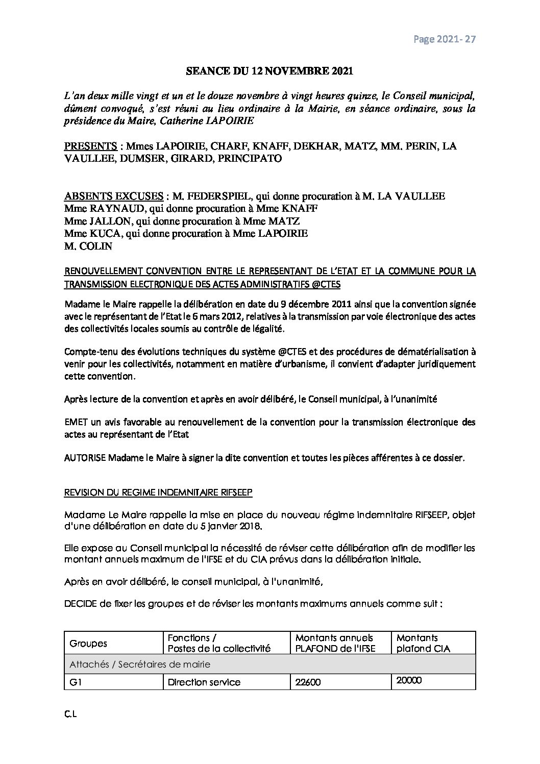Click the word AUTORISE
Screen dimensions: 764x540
pyautogui.click(x=85, y=458)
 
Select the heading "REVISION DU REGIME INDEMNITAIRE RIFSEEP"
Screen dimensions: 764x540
pyautogui.click(x=158, y=493)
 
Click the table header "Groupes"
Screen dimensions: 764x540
pyautogui.click(x=88, y=643)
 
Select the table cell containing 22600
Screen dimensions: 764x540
pyautogui.click(x=308, y=682)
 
